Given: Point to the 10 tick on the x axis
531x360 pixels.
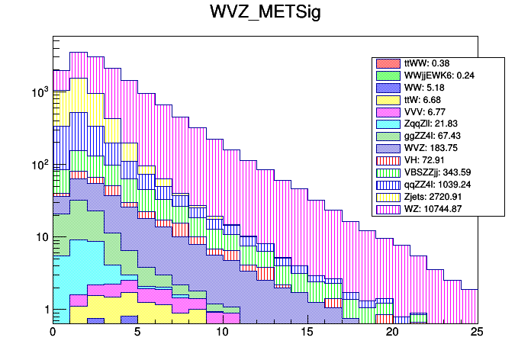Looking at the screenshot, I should tap(223, 332).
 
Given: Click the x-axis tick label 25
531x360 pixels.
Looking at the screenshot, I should tap(478, 332).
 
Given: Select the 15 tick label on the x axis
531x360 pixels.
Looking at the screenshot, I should tap(307, 332).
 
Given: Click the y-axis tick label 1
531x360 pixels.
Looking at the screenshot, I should tap(44, 310).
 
